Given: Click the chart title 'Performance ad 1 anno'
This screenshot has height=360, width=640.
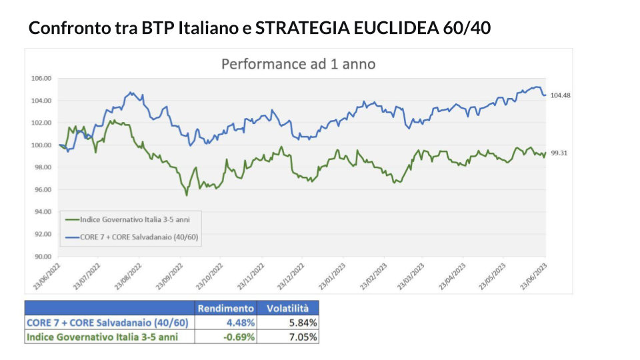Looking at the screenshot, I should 298,64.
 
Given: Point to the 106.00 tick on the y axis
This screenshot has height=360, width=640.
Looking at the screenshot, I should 41,78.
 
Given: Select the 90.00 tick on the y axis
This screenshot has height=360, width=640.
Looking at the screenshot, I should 41,256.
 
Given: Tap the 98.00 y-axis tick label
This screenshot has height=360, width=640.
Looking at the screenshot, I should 41,167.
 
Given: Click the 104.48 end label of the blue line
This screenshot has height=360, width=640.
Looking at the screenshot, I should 561,95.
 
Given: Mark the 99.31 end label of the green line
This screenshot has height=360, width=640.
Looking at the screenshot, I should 559,153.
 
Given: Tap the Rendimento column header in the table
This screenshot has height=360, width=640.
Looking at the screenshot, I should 226,308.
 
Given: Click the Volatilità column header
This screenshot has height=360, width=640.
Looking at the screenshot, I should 288,308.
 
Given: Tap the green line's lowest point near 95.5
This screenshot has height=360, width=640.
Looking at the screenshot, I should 187,195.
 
